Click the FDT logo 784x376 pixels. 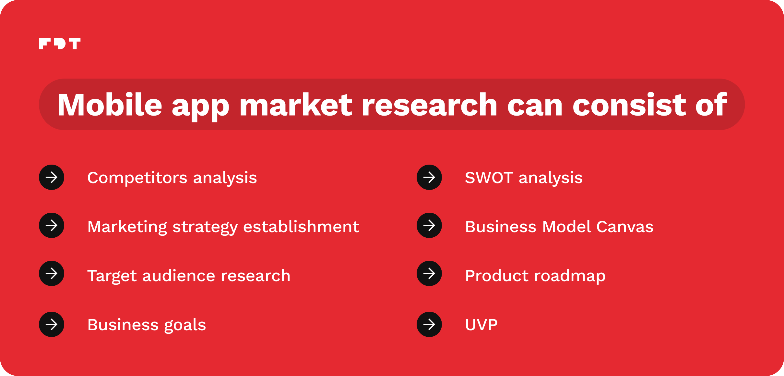(x=60, y=44)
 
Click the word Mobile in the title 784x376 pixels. (x=110, y=105)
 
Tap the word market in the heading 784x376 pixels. (x=296, y=105)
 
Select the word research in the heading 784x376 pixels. (x=430, y=105)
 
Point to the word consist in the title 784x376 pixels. (x=629, y=105)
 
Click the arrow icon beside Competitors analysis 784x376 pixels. (x=52, y=177)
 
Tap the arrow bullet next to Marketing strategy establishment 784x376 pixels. (x=52, y=225)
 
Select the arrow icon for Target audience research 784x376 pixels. (x=52, y=273)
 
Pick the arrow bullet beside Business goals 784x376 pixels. (x=52, y=324)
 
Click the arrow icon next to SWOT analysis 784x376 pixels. (x=429, y=177)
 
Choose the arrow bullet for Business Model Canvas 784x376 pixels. (x=429, y=225)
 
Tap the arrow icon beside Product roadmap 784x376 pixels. (x=429, y=273)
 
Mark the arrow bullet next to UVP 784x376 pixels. (x=429, y=324)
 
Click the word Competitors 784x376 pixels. (x=137, y=178)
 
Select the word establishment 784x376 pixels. (x=301, y=226)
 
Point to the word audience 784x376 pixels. (x=179, y=276)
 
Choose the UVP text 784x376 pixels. (x=481, y=325)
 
